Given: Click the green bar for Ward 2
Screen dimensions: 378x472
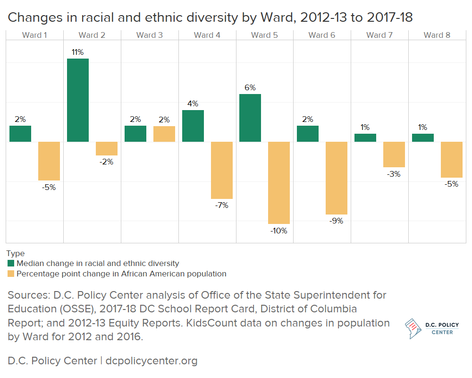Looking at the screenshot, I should pos(78,100).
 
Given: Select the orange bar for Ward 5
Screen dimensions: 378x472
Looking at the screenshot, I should pos(279,182).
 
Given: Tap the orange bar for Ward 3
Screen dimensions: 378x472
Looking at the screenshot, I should pos(164,134).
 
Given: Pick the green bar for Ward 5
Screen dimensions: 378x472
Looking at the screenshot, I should pos(250,118).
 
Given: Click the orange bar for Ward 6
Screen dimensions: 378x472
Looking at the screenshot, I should pos(337,178).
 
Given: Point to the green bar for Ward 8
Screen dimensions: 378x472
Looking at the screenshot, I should pos(422,137).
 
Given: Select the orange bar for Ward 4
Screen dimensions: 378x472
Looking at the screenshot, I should pos(221,170).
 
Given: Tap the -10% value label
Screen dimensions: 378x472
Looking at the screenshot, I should pos(279,231).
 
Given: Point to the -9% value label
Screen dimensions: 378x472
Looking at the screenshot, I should pos(337,221).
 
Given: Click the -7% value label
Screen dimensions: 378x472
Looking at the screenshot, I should pos(221,206).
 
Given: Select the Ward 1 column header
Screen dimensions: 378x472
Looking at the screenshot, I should pos(34,35).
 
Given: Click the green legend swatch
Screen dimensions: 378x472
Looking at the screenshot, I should pos(11,263).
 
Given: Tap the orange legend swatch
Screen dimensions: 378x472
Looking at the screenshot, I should pos(11,274).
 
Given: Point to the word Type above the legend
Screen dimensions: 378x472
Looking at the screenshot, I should pos(16,254).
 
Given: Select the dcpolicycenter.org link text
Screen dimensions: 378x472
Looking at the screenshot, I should pos(152,361).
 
